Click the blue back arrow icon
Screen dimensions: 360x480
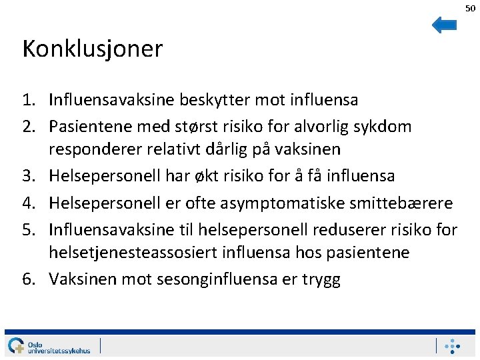pos(444,25)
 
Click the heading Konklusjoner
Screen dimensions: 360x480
pos(92,49)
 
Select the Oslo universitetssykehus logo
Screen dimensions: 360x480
pos(49,345)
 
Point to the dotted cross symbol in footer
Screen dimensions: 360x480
pos(453,346)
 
